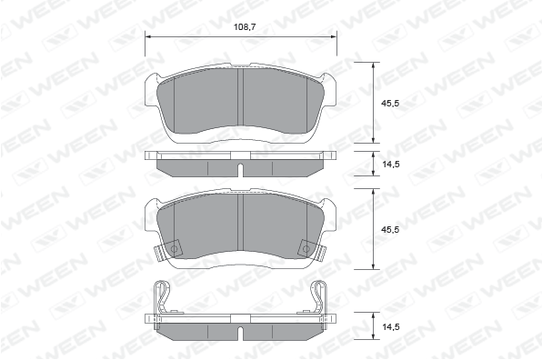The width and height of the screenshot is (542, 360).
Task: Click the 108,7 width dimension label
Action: [x=245, y=27]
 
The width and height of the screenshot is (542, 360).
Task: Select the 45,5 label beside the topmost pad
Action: [x=390, y=103]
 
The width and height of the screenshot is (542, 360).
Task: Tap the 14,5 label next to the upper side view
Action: [x=390, y=165]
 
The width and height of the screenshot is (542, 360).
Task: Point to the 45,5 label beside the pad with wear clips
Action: [x=390, y=230]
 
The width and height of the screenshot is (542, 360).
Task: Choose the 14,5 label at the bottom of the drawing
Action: [x=390, y=326]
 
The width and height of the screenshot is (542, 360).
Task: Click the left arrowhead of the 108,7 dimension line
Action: [x=148, y=36]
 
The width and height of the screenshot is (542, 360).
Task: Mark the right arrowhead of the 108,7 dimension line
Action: [x=334, y=36]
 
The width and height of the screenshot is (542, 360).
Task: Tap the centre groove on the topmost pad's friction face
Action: [x=241, y=96]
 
